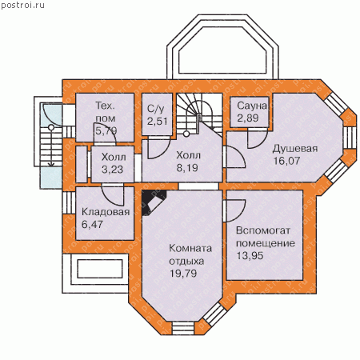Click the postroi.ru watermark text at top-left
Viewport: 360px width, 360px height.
click(22, 5)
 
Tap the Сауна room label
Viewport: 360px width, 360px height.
click(252, 106)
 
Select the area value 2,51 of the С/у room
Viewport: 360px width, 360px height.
click(158, 122)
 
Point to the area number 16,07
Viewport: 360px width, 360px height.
click(286, 161)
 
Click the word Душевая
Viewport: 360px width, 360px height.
click(295, 149)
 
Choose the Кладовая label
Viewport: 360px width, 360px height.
click(106, 212)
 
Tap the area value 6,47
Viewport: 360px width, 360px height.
click(92, 224)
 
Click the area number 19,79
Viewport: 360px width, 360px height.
click(183, 273)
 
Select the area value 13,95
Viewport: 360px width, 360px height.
click(250, 255)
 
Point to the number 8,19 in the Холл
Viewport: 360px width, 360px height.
click(187, 168)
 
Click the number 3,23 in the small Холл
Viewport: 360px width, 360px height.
click(112, 170)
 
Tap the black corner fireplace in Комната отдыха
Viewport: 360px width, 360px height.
click(152, 202)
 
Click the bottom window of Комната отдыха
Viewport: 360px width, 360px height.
click(182, 328)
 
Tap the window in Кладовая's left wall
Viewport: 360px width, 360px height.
click(69, 202)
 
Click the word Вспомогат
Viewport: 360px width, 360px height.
click(263, 230)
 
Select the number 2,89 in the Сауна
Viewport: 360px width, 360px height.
click(248, 118)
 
